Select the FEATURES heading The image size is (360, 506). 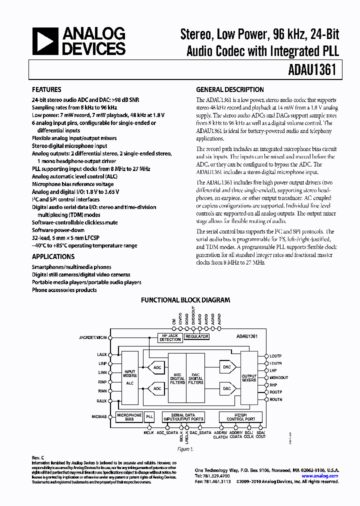tap(46, 90)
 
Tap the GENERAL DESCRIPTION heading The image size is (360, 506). tap(229, 90)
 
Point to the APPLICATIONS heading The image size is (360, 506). tap(53, 257)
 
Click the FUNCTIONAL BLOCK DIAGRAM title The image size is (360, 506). tap(185, 300)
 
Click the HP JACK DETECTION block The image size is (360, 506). tap(170, 337)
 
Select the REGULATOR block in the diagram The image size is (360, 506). tap(196, 337)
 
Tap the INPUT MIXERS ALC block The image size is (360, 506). tap(129, 377)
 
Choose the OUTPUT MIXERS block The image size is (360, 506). tap(248, 377)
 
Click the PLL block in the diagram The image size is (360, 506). tap(149, 416)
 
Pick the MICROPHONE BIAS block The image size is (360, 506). tap(129, 416)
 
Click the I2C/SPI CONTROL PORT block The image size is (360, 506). tap(237, 416)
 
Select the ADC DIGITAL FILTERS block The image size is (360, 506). tap(176, 377)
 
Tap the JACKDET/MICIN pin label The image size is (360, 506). tap(93, 337)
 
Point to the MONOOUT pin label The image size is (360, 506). tap(279, 377)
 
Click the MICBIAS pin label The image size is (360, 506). tap(98, 416)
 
